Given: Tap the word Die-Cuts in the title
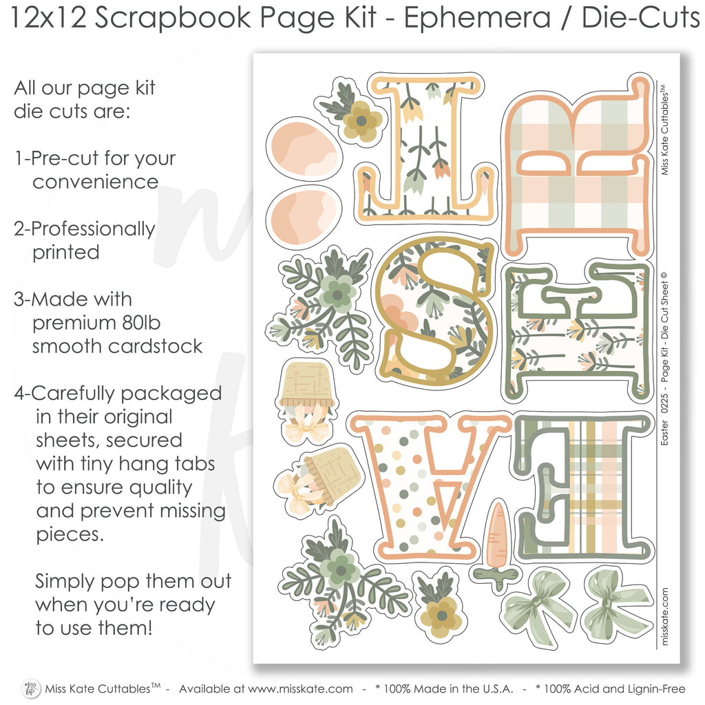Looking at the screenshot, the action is (x=641, y=18).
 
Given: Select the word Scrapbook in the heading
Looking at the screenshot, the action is (x=173, y=18).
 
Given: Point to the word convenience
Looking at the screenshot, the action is (x=95, y=182).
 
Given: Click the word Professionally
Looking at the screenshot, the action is (x=93, y=229).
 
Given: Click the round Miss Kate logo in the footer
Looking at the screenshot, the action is (x=31, y=688).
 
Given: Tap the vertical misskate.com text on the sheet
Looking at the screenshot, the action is (x=665, y=616).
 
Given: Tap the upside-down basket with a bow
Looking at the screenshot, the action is (x=306, y=400).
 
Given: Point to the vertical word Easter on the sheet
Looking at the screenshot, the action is (x=664, y=432).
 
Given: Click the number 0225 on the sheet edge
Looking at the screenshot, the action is (x=664, y=403).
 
